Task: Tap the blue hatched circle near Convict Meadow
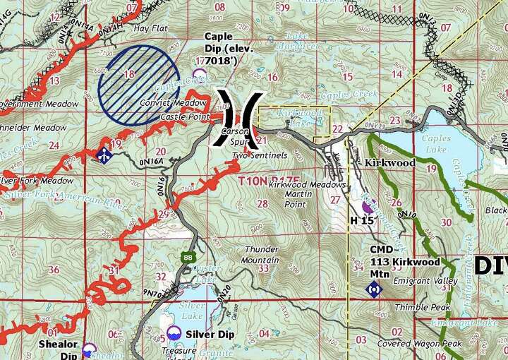139,85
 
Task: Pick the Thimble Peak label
417,307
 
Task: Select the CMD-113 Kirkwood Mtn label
404,262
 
